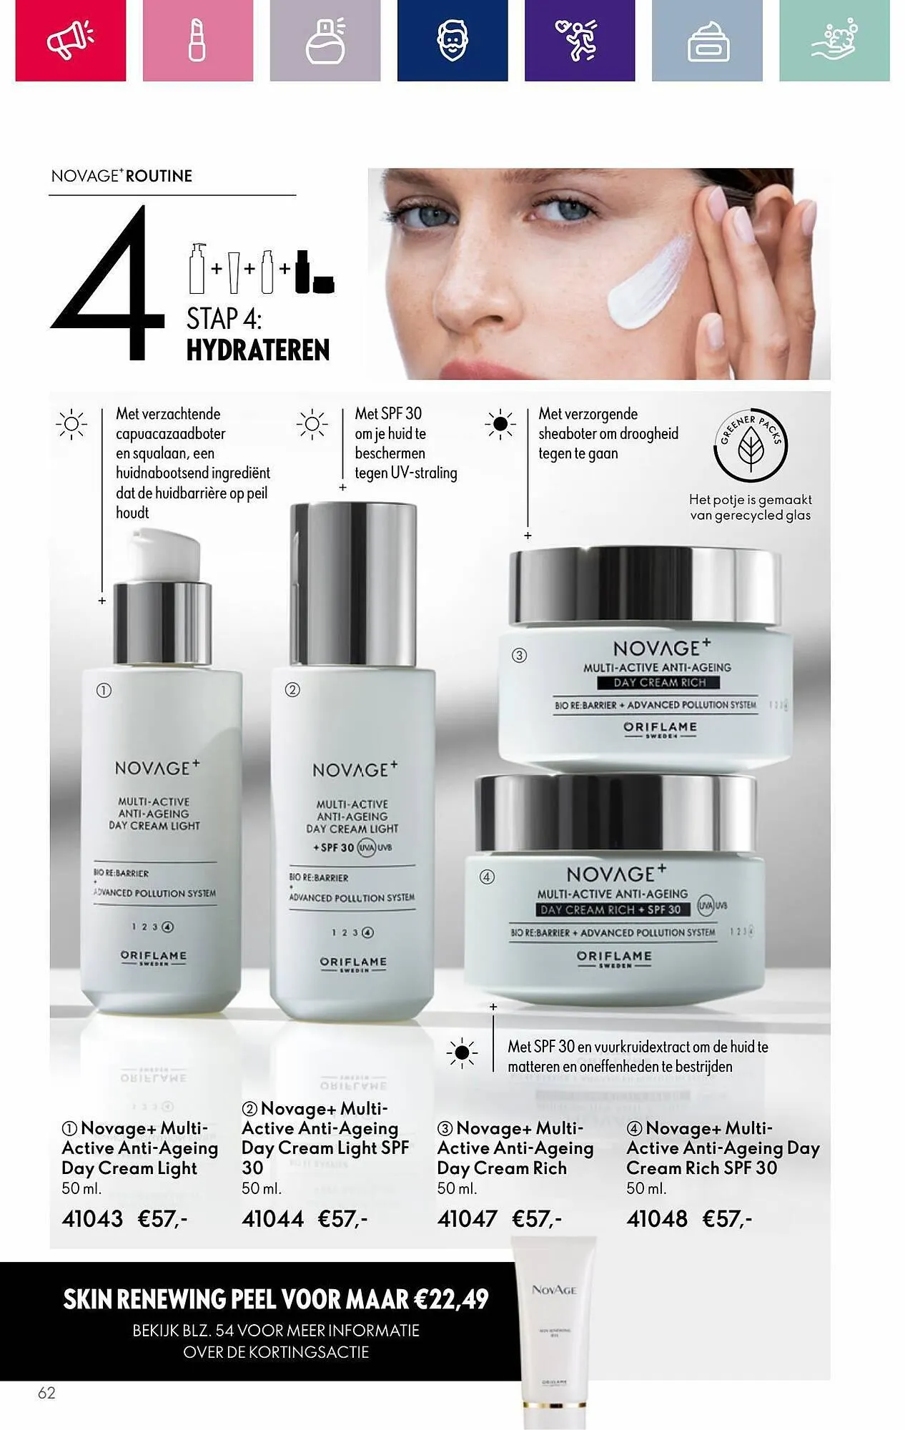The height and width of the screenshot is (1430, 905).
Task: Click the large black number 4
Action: coord(107,286)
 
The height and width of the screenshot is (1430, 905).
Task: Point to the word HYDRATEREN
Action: coord(257,350)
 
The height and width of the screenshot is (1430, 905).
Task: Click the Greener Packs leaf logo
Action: coord(751,447)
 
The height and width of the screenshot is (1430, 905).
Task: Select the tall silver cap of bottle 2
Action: coord(353,565)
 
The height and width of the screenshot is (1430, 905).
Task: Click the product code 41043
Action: coord(92,1218)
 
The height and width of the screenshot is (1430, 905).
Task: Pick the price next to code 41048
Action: coord(727,1218)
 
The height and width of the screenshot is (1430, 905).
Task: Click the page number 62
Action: coord(46,1393)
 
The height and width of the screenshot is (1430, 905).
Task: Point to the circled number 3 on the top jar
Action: coord(520,655)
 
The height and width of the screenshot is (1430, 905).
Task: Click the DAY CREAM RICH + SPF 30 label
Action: coord(613,909)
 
